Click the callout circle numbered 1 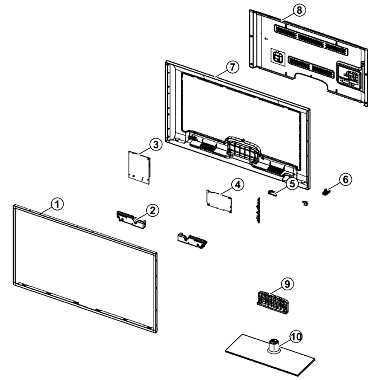pos(57,204)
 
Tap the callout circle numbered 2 pos(153,211)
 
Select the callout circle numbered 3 pos(156,144)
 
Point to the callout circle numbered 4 pos(238,185)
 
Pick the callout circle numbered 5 pos(293,184)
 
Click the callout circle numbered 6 pos(345,180)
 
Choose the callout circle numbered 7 pos(233,67)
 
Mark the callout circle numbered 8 pos(299,10)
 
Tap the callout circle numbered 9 pos(287,284)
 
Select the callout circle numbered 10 pos(296,336)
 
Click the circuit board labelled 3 pos(139,167)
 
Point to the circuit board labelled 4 pos(219,201)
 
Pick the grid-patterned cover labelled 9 pos(272,302)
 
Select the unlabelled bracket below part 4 pos(192,241)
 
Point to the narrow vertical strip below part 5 pos(258,210)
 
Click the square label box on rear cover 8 pos(278,57)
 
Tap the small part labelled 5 pos(272,193)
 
